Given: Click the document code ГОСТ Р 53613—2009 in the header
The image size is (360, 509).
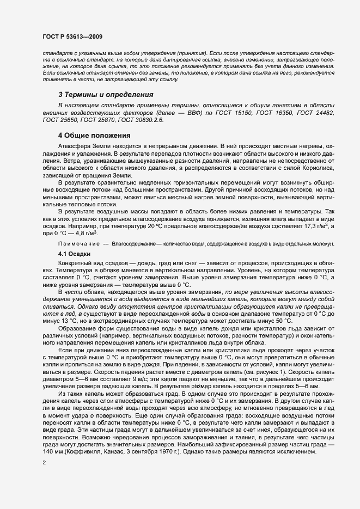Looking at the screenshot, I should coord(72,36).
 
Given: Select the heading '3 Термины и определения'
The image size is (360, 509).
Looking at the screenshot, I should coord(106,94).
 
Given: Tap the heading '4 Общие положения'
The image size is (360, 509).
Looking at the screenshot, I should coord(94,136).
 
